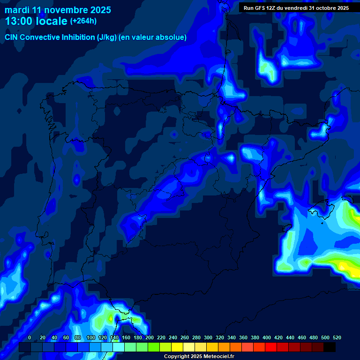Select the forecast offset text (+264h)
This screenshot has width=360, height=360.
click(x=83, y=21)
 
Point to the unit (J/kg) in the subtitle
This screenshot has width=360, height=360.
click(x=106, y=37)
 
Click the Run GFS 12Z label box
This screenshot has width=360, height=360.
click(x=296, y=8)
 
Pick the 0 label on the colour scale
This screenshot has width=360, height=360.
click(x=30, y=337)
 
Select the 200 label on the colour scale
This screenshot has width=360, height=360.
click(x=150, y=337)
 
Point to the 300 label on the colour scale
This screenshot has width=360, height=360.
click(x=208, y=337)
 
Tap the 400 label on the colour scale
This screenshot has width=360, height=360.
click(x=267, y=337)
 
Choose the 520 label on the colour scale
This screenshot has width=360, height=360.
click(x=337, y=337)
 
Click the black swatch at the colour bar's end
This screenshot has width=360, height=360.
click(x=330, y=347)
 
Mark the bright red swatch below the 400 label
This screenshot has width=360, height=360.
click(x=271, y=347)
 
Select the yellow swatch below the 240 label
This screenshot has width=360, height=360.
click(x=177, y=347)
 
